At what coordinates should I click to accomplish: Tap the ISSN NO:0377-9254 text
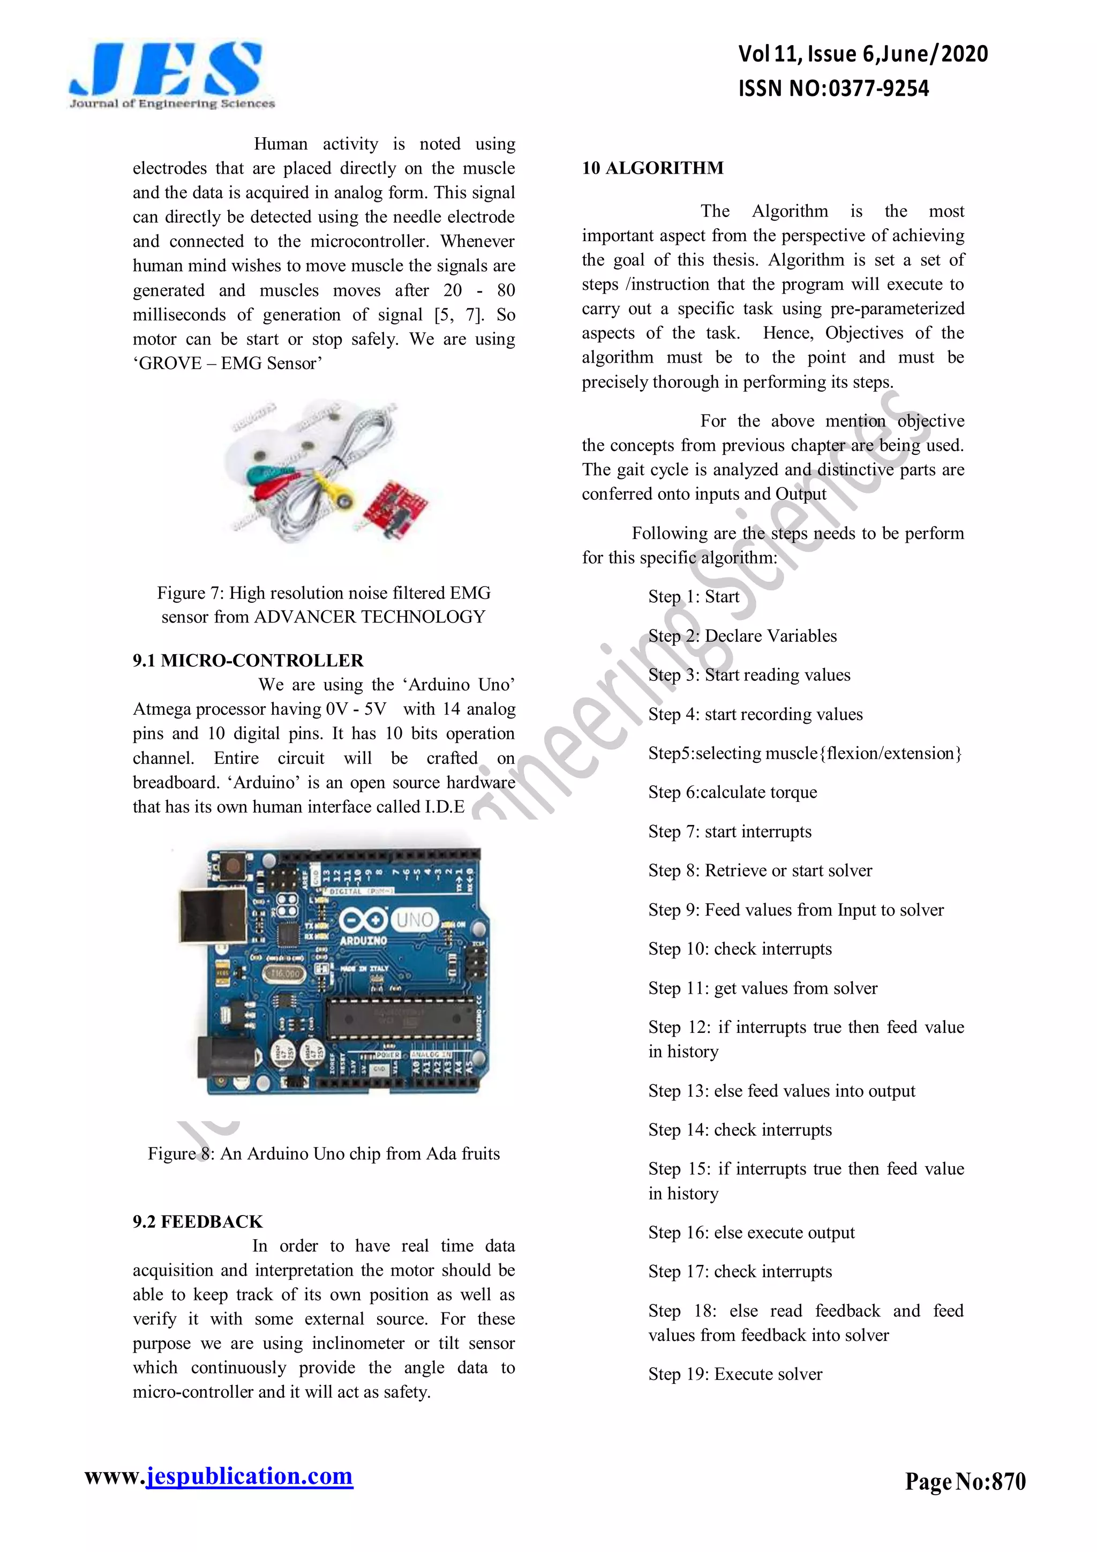click(x=833, y=88)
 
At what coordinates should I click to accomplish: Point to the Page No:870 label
click(x=965, y=1481)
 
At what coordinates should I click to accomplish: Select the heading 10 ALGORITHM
click(x=652, y=168)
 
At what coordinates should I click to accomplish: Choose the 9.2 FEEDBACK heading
click(x=197, y=1221)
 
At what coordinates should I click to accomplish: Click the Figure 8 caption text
click(x=324, y=1153)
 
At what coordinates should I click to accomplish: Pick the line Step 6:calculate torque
click(x=732, y=792)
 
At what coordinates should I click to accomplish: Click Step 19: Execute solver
click(x=735, y=1374)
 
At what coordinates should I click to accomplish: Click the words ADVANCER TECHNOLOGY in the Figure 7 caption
click(x=369, y=617)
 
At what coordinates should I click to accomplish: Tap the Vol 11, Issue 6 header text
click(x=862, y=54)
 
